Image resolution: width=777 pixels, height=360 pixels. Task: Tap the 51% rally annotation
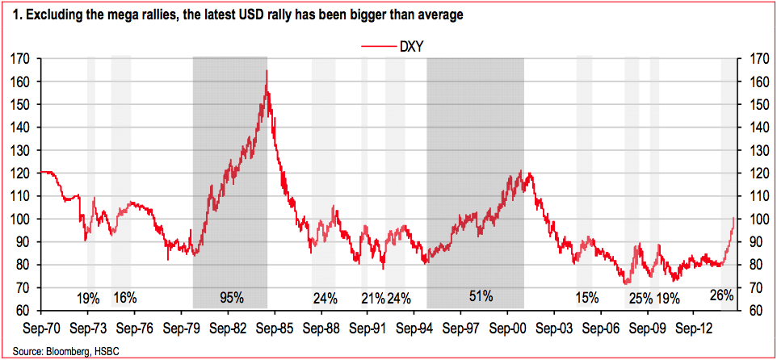click(x=481, y=295)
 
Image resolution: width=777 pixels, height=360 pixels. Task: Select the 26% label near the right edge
click(x=720, y=295)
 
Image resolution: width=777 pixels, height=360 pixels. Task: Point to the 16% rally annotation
click(x=124, y=297)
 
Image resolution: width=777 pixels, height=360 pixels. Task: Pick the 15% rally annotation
click(x=588, y=297)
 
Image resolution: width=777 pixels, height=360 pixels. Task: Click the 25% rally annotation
click(x=640, y=297)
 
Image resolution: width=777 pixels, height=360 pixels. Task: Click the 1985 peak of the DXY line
click(x=267, y=71)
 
